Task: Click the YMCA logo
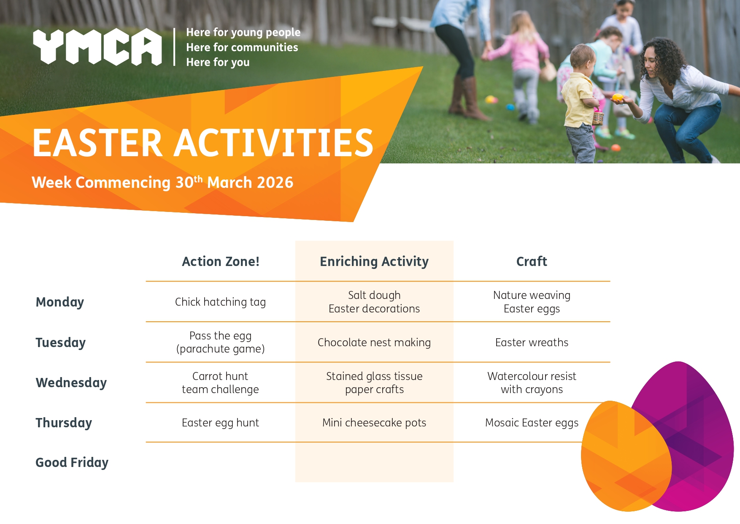click(x=97, y=47)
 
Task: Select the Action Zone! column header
click(x=221, y=261)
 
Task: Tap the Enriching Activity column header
click(x=374, y=262)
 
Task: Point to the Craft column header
click(x=532, y=261)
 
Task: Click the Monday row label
click(x=60, y=302)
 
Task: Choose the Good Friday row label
click(x=72, y=463)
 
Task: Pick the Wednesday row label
click(x=71, y=383)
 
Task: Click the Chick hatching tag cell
click(x=220, y=302)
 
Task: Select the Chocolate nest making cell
click(x=374, y=342)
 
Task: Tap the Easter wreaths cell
click(x=532, y=342)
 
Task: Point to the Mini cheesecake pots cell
click(x=374, y=423)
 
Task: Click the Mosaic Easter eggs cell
click(x=532, y=423)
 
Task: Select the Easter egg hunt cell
click(x=220, y=423)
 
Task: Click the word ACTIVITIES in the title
click(x=273, y=143)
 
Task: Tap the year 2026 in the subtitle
click(x=275, y=182)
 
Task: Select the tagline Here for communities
click(x=242, y=47)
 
